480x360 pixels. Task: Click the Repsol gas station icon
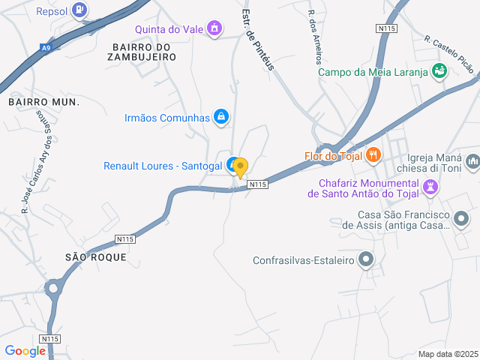click(x=81, y=10)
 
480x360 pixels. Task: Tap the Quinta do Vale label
click(x=171, y=30)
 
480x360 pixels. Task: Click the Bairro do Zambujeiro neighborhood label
click(x=140, y=51)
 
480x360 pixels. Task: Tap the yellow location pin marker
click(x=240, y=167)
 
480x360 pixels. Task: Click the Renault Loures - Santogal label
click(x=163, y=166)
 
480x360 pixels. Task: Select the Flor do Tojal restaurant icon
click(x=373, y=155)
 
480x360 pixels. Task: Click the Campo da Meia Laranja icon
click(x=439, y=71)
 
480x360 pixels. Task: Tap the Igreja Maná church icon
click(x=472, y=161)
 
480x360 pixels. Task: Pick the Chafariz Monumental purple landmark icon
click(x=430, y=187)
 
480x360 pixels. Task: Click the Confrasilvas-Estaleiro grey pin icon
click(x=366, y=260)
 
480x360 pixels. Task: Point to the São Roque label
click(x=96, y=256)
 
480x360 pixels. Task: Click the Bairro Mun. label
click(x=43, y=100)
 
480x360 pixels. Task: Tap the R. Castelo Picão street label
click(x=448, y=52)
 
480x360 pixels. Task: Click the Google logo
click(x=25, y=351)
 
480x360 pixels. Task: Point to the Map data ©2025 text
click(x=448, y=354)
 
